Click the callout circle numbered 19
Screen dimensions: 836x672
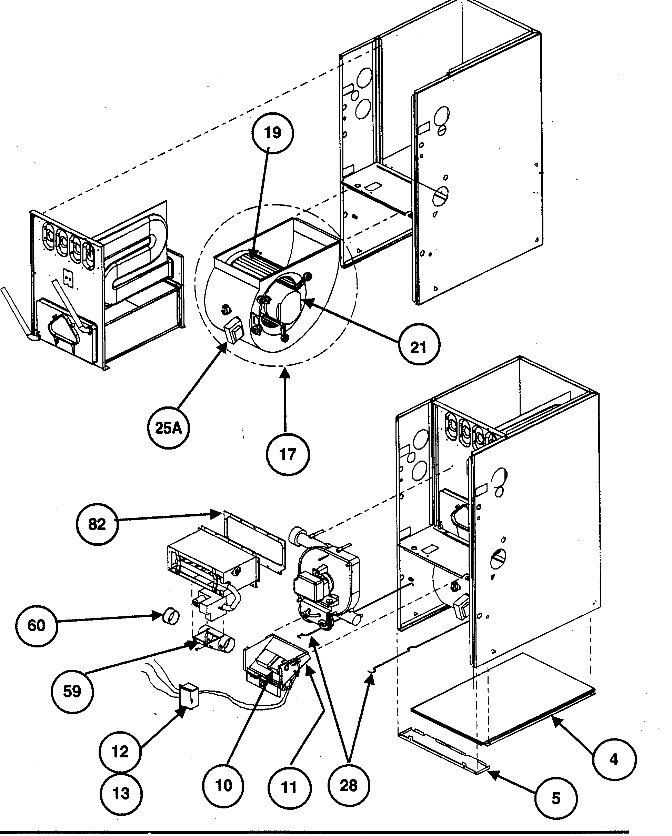273,133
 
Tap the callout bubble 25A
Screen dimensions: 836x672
169,428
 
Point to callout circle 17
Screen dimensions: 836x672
288,454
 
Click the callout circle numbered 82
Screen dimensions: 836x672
97,524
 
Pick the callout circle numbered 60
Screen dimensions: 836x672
37,625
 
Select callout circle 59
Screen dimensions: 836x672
72,691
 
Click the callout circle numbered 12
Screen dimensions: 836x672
120,752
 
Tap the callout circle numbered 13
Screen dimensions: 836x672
121,793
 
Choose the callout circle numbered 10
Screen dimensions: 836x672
223,786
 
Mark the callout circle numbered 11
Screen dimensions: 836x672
289,787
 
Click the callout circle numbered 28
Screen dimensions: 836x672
348,786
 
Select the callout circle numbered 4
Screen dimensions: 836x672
614,759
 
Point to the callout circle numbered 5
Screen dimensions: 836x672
556,798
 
